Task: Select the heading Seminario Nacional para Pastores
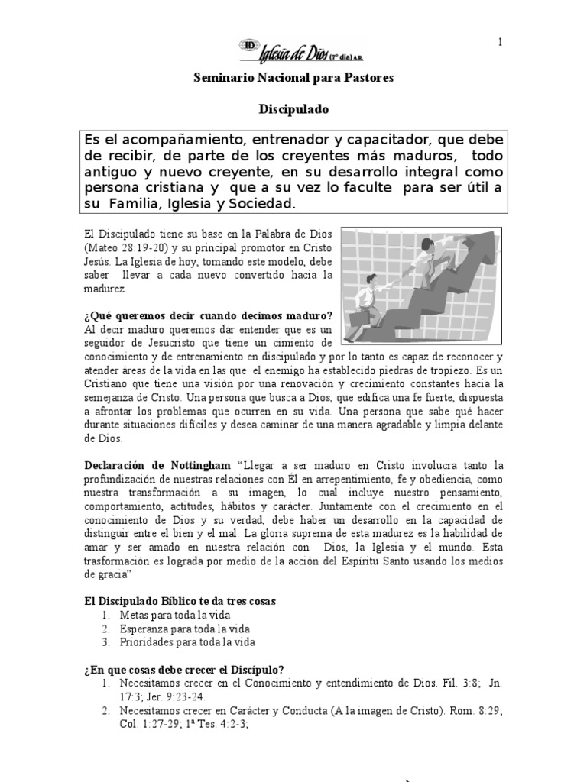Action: coord(292,79)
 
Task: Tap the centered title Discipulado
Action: coord(292,109)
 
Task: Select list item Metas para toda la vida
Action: coord(175,615)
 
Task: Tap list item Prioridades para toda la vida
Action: coord(186,642)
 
